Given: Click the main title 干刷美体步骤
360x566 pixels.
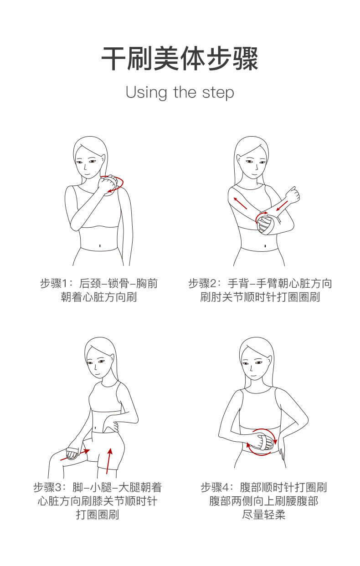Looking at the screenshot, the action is pos(180,58).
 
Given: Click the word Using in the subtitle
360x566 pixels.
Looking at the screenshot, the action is pos(146,93).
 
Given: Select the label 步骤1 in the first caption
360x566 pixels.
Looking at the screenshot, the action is pos(54,283).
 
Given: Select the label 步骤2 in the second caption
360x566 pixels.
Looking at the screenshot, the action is pos(203,283).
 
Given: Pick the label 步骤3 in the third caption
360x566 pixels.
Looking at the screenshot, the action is pos(47,487).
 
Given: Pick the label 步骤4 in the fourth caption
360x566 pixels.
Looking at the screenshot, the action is pos(215,487).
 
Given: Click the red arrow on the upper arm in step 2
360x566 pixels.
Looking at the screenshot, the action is pos(240,203).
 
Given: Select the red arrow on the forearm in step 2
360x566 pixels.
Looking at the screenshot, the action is pos(283,206).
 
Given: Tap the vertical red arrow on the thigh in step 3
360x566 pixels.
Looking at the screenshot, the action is pos(109,461).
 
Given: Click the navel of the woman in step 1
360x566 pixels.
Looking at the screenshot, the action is pos(100,245).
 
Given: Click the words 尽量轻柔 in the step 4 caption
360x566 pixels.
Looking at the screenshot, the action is pos(264,515).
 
